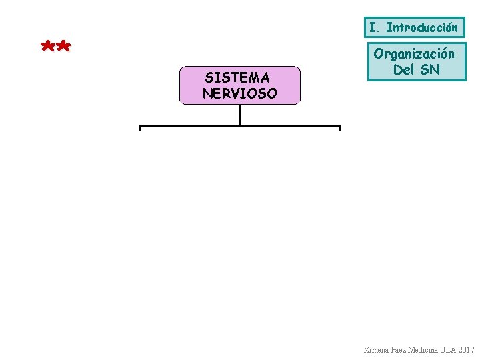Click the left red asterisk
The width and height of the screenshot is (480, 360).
tap(48, 47)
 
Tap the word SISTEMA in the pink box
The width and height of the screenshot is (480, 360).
tap(237, 79)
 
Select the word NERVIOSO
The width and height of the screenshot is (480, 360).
tap(239, 93)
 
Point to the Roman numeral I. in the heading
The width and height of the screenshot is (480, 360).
tap(375, 27)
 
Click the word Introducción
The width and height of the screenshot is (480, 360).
tap(422, 27)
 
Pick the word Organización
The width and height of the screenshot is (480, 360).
tap(414, 54)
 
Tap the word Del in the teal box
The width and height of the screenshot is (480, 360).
tap(404, 69)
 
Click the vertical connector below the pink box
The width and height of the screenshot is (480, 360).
tap(240, 115)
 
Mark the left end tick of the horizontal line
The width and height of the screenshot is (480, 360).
tap(140, 129)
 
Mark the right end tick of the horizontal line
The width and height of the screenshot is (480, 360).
tap(339, 129)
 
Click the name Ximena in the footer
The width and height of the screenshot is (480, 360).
tap(377, 349)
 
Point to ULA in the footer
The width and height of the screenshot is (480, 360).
tap(450, 349)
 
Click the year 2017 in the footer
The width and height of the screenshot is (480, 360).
tap(467, 349)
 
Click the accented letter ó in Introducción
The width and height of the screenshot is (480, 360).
tap(446, 27)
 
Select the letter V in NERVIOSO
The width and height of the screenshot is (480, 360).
tap(237, 93)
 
